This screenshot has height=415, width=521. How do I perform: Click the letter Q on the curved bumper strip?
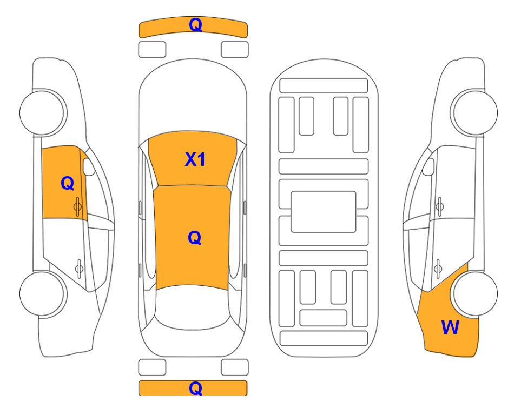(x=195, y=25)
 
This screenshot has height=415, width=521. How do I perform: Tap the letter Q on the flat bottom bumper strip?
(x=195, y=388)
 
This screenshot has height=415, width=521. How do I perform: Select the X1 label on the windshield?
(x=195, y=159)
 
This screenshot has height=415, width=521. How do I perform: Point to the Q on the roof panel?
(x=195, y=238)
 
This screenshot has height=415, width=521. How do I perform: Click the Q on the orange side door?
(x=68, y=183)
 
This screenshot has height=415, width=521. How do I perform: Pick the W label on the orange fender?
(x=450, y=327)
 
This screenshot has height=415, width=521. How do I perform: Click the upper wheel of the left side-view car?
(x=43, y=112)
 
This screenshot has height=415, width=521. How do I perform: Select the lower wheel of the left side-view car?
(x=43, y=293)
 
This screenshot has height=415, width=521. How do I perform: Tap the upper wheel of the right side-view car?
(x=474, y=112)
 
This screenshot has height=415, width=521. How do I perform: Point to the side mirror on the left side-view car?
(x=88, y=166)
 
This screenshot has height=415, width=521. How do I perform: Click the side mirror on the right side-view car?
(x=428, y=166)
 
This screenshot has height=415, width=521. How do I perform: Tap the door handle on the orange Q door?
(x=78, y=206)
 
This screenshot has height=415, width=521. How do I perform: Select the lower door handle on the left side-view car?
(x=79, y=268)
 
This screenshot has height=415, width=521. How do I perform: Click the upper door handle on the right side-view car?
(x=439, y=206)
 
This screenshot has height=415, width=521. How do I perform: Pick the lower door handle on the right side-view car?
(x=438, y=268)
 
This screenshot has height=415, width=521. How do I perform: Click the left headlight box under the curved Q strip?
(x=152, y=50)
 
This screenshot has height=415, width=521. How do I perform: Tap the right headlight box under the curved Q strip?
(x=235, y=50)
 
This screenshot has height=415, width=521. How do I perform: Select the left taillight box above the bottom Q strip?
(x=152, y=367)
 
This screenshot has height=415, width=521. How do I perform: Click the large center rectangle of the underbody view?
(x=324, y=212)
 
